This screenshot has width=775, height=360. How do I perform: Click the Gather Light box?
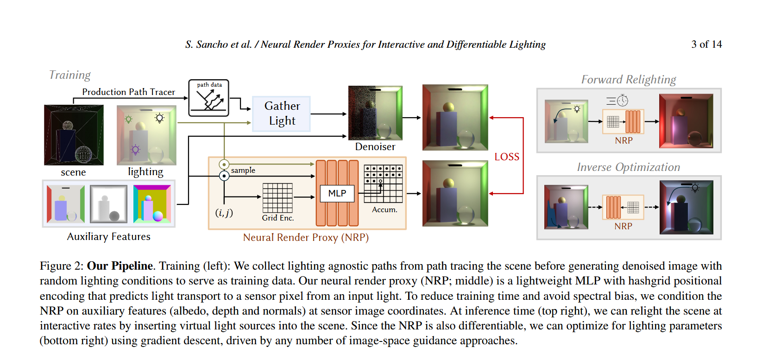[x=281, y=114]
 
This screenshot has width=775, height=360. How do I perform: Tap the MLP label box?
[x=337, y=194]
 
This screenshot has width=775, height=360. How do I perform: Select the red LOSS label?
[x=507, y=157]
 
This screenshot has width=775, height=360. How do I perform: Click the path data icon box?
[x=208, y=98]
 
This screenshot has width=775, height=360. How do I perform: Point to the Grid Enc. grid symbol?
[x=277, y=198]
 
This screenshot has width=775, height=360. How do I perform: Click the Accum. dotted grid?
[x=384, y=183]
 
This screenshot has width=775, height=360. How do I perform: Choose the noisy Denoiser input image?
[x=375, y=113]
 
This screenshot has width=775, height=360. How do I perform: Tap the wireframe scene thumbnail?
[x=74, y=135]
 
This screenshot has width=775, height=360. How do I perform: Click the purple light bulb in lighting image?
[x=135, y=150]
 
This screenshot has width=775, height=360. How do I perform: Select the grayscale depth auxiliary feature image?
[x=109, y=203]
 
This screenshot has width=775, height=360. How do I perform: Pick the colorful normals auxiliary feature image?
[x=152, y=203]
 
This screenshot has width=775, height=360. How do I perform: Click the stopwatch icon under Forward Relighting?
[x=623, y=101]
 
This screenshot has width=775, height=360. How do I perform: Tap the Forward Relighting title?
[x=628, y=80]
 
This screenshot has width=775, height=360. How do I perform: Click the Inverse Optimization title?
[x=628, y=167]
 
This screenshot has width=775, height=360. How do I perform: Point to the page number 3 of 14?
[x=706, y=44]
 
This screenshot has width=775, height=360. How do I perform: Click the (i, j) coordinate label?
[x=224, y=213]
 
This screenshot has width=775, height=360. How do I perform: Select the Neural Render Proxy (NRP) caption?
[x=306, y=238]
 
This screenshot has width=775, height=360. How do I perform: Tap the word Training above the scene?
[x=70, y=75]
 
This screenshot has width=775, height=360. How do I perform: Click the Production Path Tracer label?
[x=128, y=92]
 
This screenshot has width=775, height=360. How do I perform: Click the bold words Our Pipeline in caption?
[x=120, y=266]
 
